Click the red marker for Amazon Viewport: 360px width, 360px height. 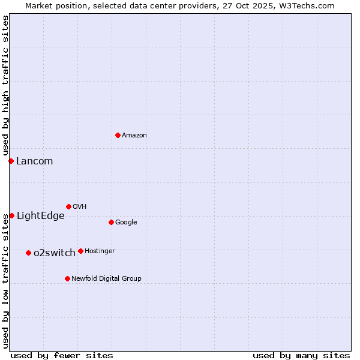click(x=118, y=135)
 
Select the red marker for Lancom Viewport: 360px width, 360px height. click(x=11, y=161)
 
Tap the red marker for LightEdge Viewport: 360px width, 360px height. click(x=11, y=215)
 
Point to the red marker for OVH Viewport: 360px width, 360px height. click(x=68, y=206)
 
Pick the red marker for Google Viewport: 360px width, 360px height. click(x=111, y=222)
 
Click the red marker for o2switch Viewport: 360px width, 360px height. click(x=28, y=253)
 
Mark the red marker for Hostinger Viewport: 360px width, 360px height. click(x=80, y=251)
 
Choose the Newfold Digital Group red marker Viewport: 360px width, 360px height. click(x=67, y=278)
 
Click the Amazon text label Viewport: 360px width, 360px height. click(x=134, y=136)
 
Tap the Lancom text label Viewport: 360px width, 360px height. click(x=34, y=161)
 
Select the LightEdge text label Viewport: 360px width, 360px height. click(x=40, y=216)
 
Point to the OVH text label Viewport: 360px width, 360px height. click(x=80, y=207)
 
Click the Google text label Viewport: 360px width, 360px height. click(x=126, y=223)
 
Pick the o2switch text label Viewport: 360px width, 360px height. click(x=55, y=253)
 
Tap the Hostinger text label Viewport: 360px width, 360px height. click(x=100, y=251)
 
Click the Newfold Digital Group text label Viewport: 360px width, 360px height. click(x=106, y=278)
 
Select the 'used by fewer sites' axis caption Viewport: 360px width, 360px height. click(x=62, y=355)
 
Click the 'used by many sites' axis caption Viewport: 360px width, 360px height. click(x=301, y=355)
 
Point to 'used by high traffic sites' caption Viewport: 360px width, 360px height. click(x=5, y=86)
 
